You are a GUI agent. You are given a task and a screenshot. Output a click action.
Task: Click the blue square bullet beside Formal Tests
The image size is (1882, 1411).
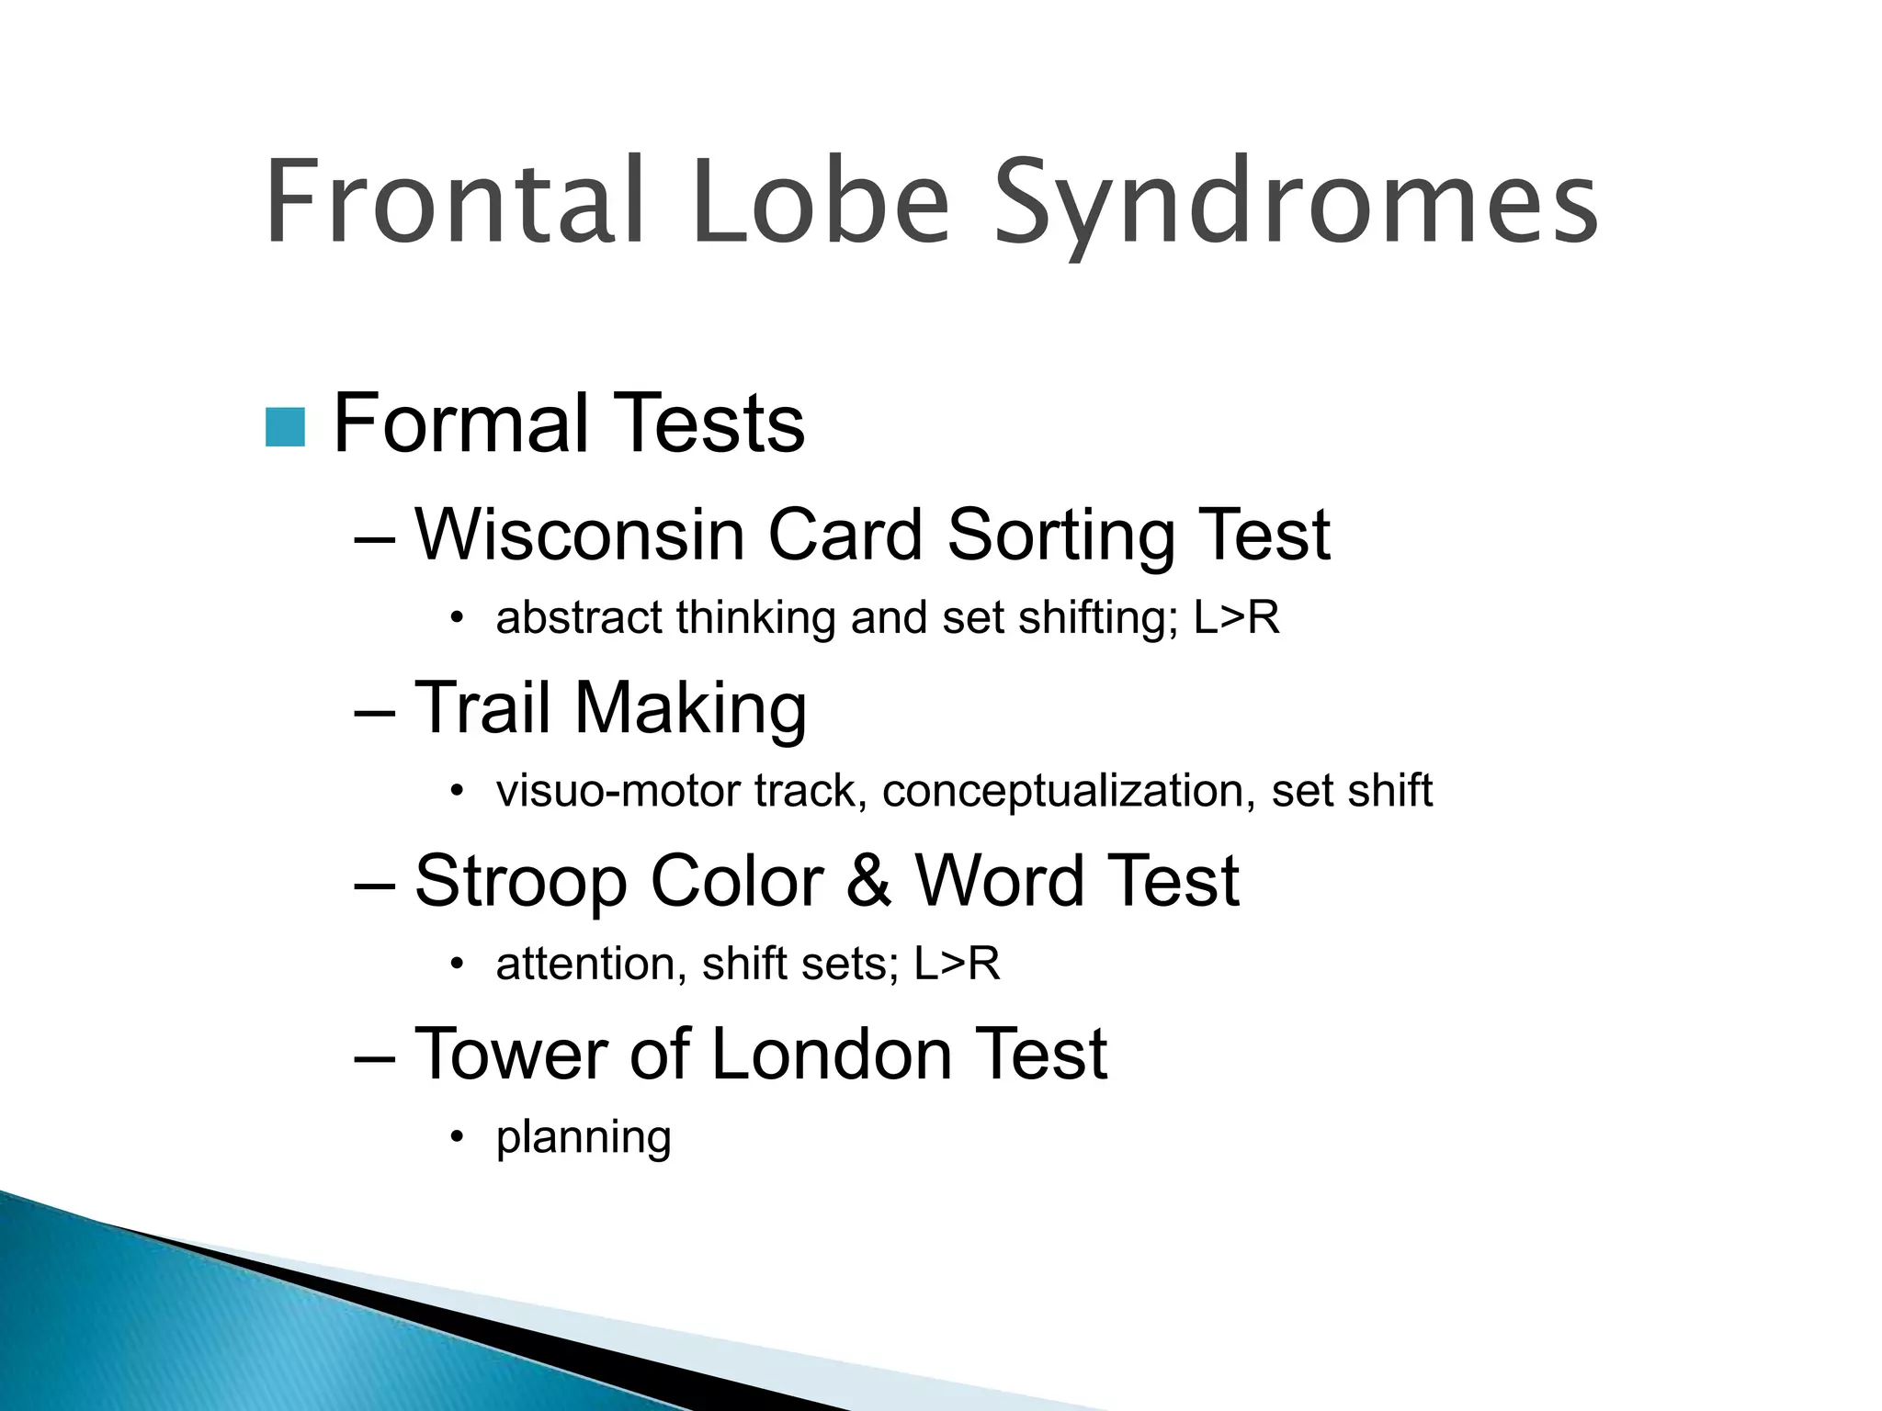285,427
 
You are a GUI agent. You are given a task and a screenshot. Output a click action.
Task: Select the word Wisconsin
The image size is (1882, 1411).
579,535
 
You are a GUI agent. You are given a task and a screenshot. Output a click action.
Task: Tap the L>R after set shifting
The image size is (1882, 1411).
1236,617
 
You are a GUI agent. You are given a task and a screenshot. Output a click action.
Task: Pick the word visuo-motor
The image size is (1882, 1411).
617,791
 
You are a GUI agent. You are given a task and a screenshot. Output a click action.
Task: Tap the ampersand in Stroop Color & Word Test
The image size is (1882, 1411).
868,880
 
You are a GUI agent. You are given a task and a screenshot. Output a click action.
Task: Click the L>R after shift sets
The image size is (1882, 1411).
957,965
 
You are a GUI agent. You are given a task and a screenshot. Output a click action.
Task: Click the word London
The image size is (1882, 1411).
831,1054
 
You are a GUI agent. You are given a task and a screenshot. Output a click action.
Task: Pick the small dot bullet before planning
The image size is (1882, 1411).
457,1138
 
